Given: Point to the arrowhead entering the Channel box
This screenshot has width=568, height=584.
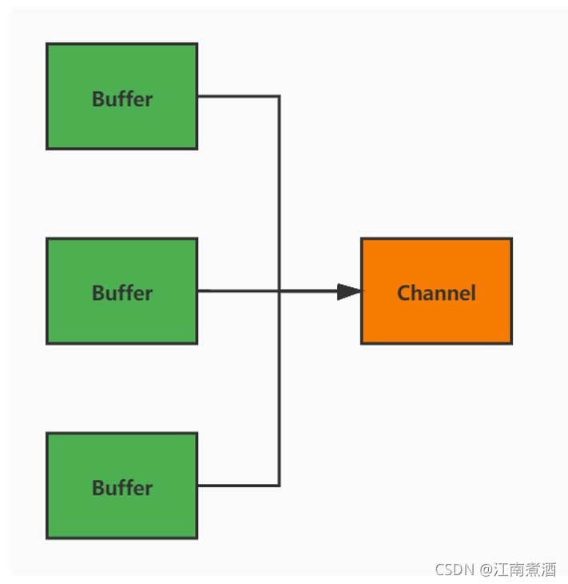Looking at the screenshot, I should coord(349,292).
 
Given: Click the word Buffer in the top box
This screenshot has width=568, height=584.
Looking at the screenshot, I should coord(121,99).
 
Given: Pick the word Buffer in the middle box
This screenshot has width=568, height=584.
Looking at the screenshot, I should coord(121,293).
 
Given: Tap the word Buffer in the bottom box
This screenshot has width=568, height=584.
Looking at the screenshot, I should coord(121,488).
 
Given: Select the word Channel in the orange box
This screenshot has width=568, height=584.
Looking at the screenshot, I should coord(436,293).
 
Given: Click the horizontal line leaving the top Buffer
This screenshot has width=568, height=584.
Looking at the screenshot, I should coord(237,97).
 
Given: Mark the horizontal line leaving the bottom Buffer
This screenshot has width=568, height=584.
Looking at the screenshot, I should coord(237,486).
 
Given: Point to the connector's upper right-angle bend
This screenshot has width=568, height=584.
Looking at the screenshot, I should coord(279,97).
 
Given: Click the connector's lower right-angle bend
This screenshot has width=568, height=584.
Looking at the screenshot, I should coord(279,486).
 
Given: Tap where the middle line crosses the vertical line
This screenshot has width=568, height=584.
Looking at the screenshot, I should coord(279,291).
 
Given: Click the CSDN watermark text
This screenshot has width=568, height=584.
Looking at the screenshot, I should coord(455,570).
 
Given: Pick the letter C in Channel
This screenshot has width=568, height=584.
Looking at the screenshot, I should coord(404,293).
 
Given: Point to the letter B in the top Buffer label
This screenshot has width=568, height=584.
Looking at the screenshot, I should coord(97,99).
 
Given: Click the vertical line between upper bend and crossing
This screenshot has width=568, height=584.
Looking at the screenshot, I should coord(279,192).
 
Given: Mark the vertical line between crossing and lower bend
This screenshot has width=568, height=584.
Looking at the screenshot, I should coord(279,388).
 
